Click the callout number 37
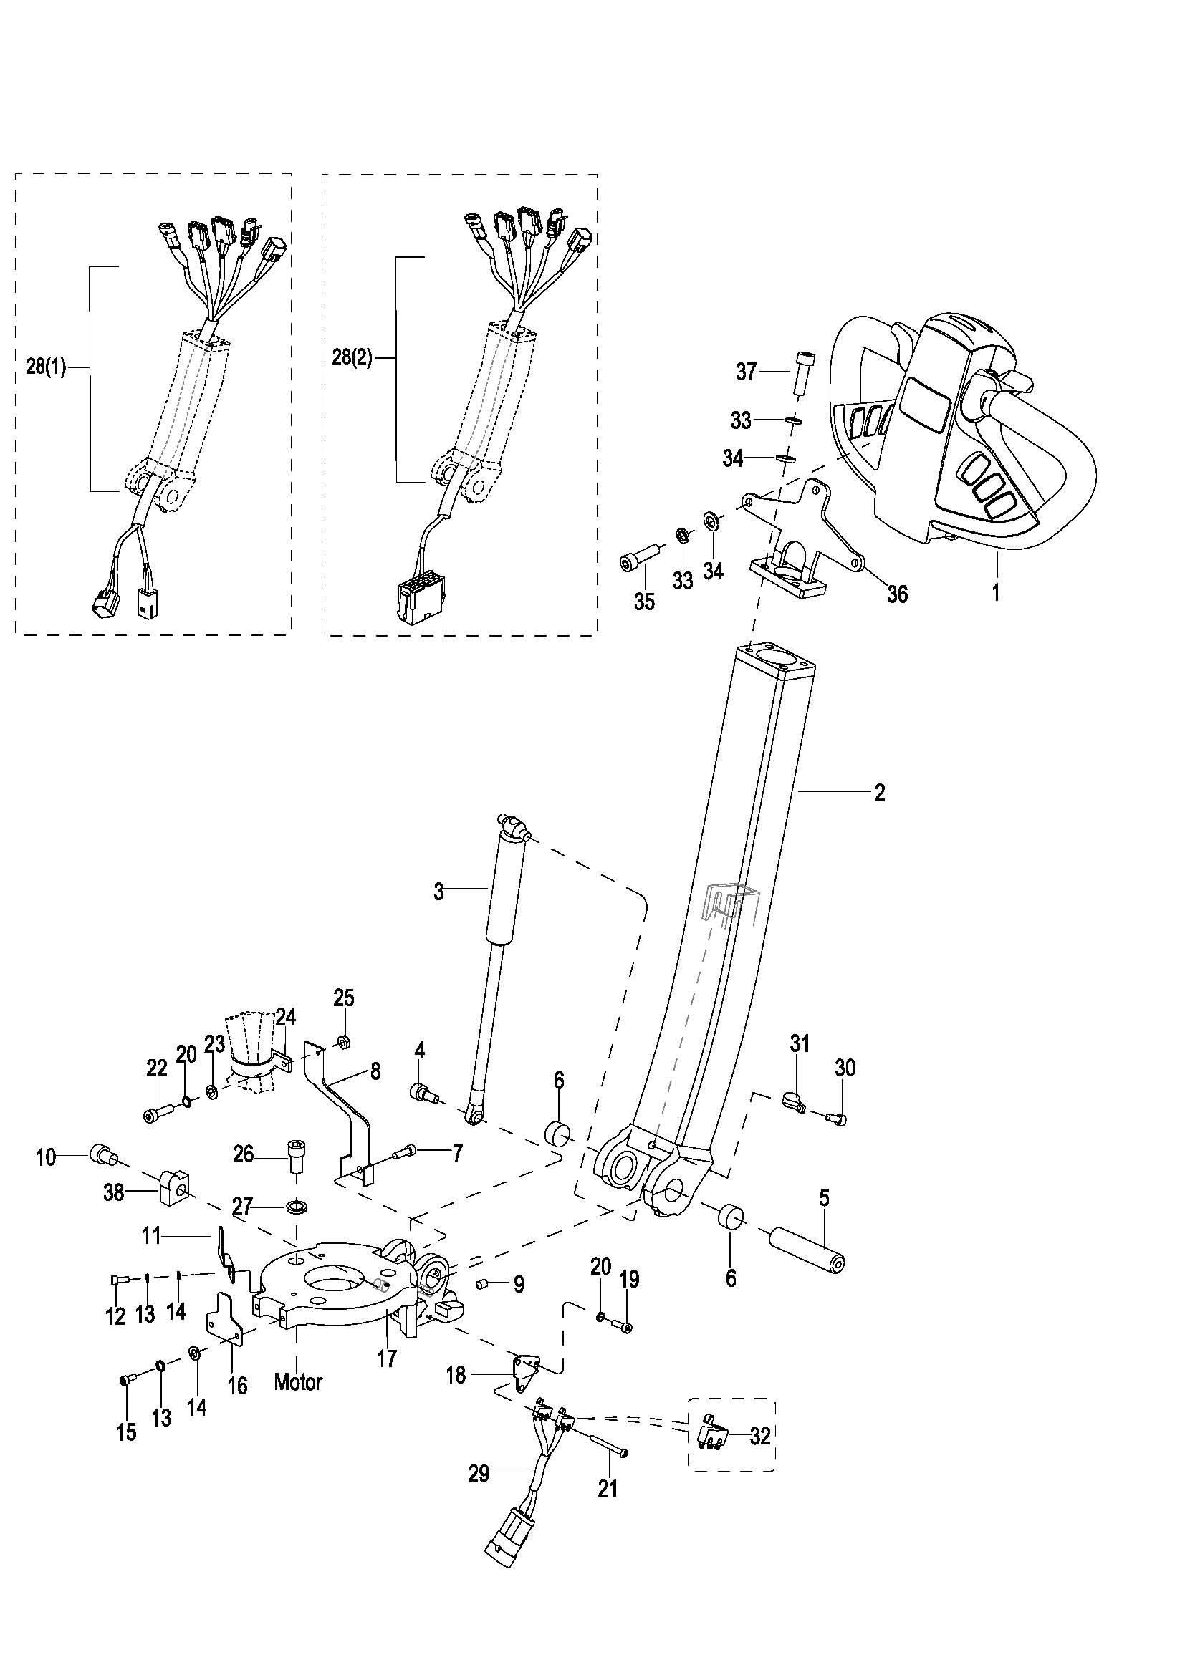coord(747,372)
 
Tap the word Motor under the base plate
coord(299,1381)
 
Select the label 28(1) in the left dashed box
coord(46,367)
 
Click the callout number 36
coord(897,594)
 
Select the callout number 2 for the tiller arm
coord(880,792)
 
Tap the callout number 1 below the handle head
coord(996,592)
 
